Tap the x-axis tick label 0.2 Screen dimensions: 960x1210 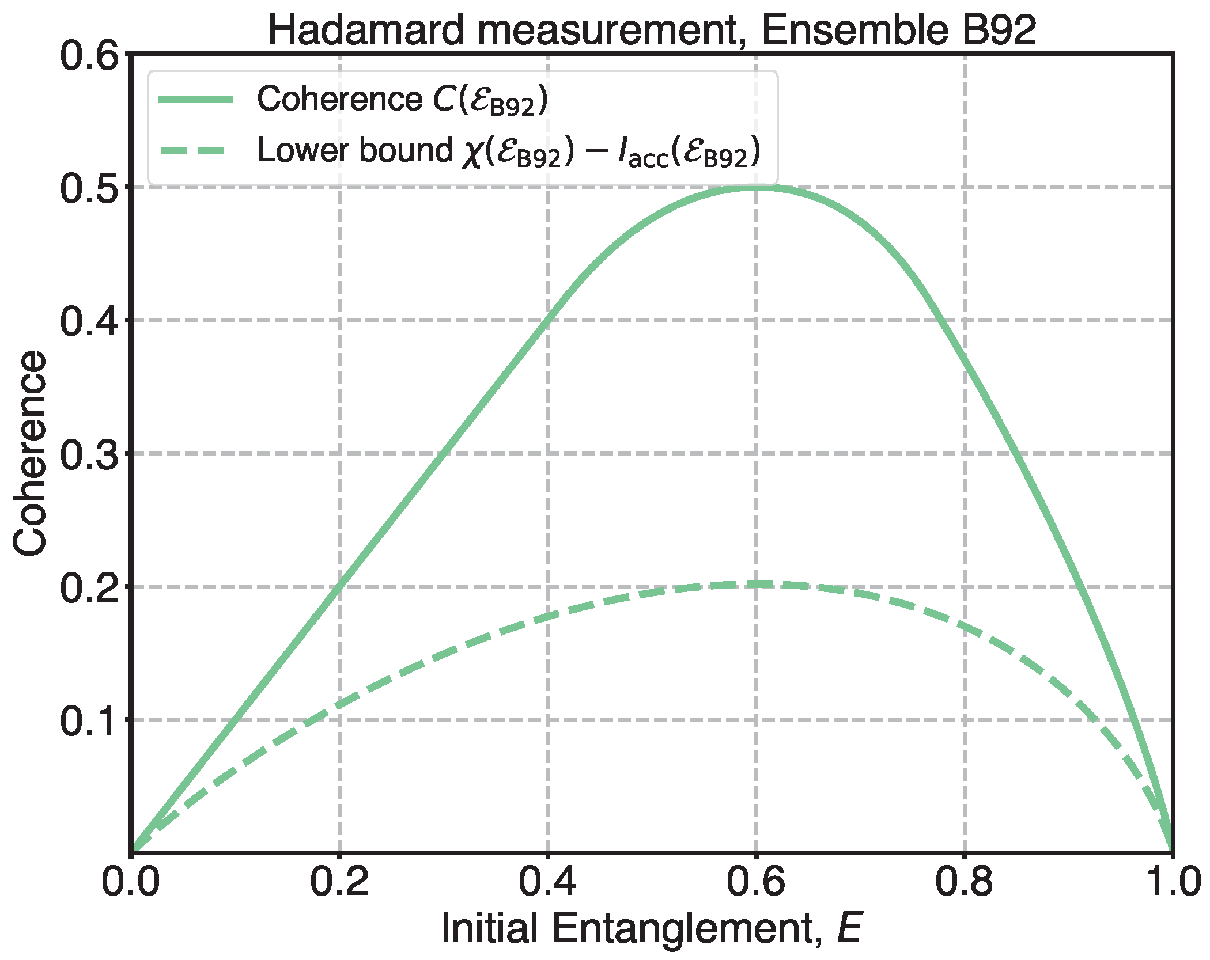pyautogui.click(x=339, y=881)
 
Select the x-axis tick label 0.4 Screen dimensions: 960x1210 pyautogui.click(x=547, y=881)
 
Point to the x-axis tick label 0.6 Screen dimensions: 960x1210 pyautogui.click(x=756, y=881)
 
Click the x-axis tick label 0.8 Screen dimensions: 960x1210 pyautogui.click(x=964, y=881)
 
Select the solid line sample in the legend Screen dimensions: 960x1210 pyautogui.click(x=196, y=100)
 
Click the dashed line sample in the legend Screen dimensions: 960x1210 pyautogui.click(x=196, y=151)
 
